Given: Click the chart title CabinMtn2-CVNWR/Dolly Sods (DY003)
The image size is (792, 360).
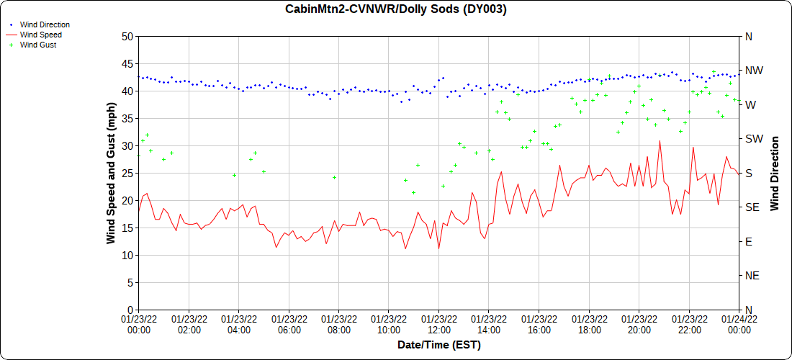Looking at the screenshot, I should [395, 9].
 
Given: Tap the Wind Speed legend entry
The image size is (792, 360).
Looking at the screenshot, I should [40, 35].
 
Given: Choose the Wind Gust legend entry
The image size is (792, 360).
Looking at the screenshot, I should [38, 45].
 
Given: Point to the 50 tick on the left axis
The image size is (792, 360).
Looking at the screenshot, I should [127, 36].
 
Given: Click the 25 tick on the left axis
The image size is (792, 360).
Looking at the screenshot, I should [127, 173].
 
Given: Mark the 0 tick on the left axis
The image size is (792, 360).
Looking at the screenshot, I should [130, 310].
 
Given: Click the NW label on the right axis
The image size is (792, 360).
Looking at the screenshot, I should [754, 71].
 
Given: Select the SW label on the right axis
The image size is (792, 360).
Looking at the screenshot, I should [753, 139].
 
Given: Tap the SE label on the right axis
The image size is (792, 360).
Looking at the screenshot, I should [752, 207].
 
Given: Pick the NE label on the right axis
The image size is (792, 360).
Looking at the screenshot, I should [752, 276].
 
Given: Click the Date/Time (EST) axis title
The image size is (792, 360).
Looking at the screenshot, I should [438, 345].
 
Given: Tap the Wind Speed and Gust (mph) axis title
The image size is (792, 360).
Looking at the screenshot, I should [111, 173].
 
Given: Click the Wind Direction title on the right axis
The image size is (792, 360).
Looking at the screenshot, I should [775, 173].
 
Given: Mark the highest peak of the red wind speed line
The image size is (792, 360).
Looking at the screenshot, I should [659, 141].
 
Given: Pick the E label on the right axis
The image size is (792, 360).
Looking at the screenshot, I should [748, 241].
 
